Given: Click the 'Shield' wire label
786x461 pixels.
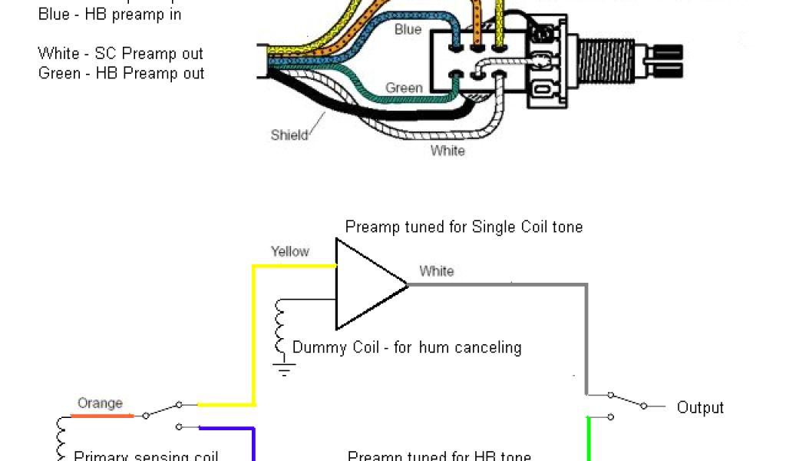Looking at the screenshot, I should [289, 135].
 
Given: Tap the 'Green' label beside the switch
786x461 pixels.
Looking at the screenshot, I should [404, 88].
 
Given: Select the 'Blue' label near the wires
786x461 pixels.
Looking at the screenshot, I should [408, 29].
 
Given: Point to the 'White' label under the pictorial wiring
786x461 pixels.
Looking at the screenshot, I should [447, 151].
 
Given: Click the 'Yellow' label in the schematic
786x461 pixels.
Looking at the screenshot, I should [290, 251].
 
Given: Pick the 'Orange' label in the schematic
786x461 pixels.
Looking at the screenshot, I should [100, 403].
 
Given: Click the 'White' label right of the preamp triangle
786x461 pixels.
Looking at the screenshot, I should [437, 271].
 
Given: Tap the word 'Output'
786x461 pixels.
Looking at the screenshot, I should [700, 408].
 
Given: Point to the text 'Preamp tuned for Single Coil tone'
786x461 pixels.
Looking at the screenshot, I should [464, 227].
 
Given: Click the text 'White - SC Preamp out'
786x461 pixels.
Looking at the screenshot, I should [121, 54].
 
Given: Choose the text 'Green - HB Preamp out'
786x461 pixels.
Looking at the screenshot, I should [121, 74].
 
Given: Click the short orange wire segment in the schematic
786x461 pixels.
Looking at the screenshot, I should [102, 416].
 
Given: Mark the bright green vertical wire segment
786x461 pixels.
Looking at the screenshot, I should [588, 438].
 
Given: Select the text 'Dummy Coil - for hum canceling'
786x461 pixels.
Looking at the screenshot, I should [407, 347].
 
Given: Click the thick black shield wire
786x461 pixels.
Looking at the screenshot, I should [368, 115].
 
